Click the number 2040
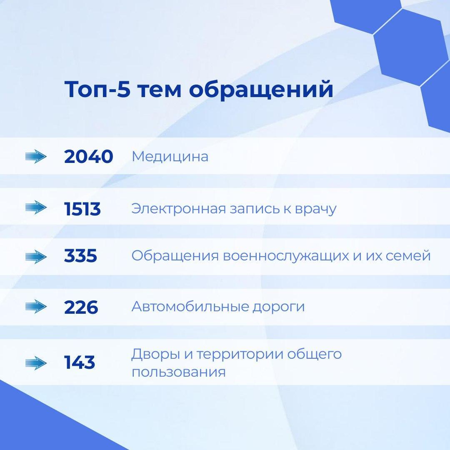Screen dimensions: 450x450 (x=88, y=157)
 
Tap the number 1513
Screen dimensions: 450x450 (x=82, y=209)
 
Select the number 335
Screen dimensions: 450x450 (x=80, y=256)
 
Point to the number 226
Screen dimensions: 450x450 (x=81, y=307)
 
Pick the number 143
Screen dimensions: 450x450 (x=80, y=362)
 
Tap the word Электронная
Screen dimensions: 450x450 (x=178, y=209)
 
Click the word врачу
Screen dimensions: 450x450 (x=316, y=210)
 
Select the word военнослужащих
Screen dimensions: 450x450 (x=286, y=256)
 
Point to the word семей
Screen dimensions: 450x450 (x=408, y=255)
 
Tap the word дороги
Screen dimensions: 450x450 (x=279, y=307)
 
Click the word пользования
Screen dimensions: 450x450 (x=178, y=372)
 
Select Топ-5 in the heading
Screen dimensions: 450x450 (x=97, y=89)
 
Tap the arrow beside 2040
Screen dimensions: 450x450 (x=36, y=157)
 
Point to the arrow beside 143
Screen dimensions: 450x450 (x=36, y=363)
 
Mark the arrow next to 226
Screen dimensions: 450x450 (x=36, y=307)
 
